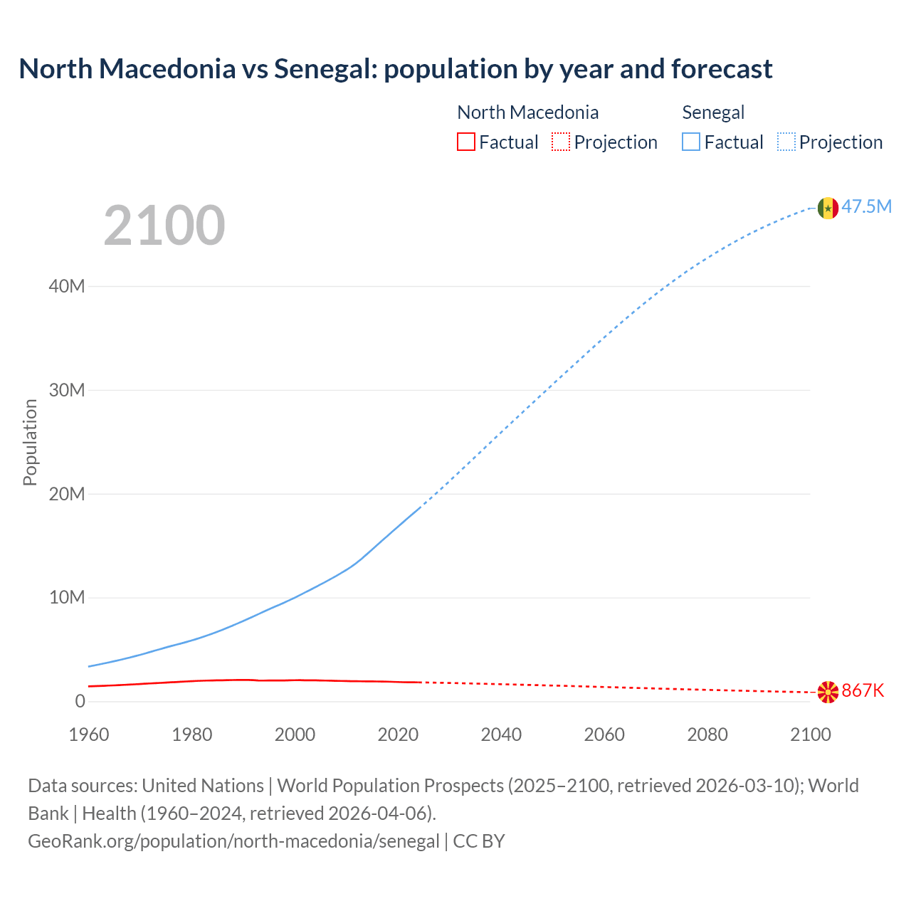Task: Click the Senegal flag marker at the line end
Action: coord(828,208)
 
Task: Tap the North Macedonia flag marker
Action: coord(828,692)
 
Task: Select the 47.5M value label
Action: coord(866,207)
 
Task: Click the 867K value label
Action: coord(863,691)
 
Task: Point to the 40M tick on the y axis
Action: coord(67,286)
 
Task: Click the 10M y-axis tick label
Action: coord(67,598)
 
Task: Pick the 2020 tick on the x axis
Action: coord(398,734)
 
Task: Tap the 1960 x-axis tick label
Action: coord(89,734)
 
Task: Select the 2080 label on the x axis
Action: coord(707,734)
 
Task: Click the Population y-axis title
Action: coord(30,442)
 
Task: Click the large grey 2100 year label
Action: coord(164,226)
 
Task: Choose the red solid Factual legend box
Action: coord(466,142)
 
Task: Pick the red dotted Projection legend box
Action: coord(561,142)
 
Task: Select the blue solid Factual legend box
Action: coord(691,142)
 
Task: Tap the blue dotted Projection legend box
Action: coord(786,142)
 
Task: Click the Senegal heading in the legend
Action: coord(713,112)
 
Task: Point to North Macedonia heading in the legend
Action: coord(527,112)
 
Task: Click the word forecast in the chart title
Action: coord(722,69)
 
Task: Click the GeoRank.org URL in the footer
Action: coord(233,841)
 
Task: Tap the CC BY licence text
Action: coord(479,841)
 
